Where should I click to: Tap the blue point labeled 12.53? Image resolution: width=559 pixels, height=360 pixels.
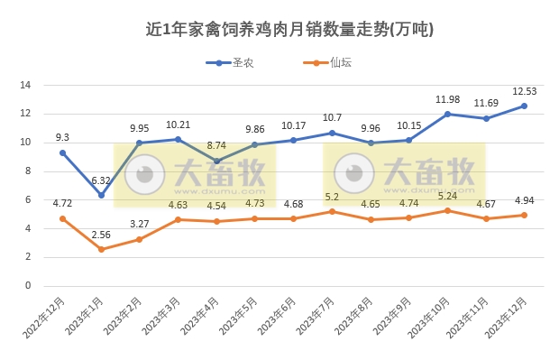click(x=525, y=106)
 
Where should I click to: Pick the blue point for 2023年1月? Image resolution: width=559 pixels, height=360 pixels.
click(x=101, y=195)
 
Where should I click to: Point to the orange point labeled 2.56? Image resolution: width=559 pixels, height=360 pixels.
click(x=101, y=249)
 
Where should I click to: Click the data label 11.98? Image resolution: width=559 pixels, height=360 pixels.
click(x=448, y=99)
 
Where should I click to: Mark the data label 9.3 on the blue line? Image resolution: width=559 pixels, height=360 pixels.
click(x=62, y=137)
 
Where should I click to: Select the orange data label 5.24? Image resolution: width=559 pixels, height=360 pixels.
click(x=448, y=195)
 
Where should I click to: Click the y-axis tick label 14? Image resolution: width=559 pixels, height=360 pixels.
click(x=25, y=85)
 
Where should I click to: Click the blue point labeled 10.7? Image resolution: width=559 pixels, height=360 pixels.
click(x=332, y=133)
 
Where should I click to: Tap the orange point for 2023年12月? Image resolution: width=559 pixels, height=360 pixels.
click(x=525, y=215)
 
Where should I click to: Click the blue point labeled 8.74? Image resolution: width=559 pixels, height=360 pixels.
click(x=216, y=161)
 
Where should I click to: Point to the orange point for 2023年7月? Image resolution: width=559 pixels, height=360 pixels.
click(x=332, y=211)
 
